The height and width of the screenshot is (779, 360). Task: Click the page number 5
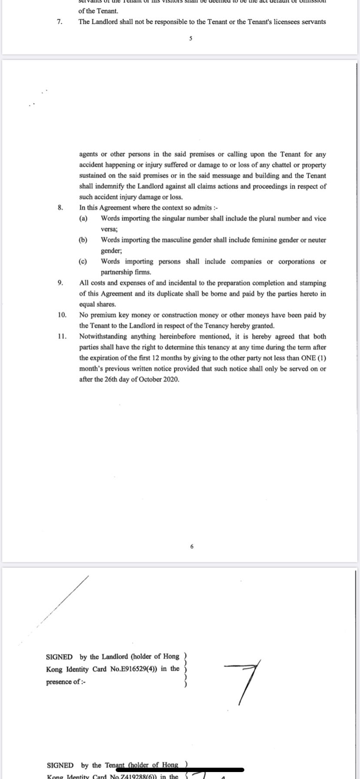(x=191, y=39)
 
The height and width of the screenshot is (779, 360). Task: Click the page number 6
(x=192, y=546)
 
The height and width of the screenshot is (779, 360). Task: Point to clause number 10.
(x=62, y=315)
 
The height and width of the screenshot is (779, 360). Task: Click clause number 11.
(x=62, y=336)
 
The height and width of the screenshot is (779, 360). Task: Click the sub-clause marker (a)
(x=83, y=219)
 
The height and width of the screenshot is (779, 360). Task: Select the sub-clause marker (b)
(x=83, y=240)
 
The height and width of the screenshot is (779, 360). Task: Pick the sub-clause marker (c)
(x=83, y=262)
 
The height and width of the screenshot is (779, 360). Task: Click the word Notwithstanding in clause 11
(x=100, y=336)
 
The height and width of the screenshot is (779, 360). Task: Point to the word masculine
(x=167, y=240)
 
